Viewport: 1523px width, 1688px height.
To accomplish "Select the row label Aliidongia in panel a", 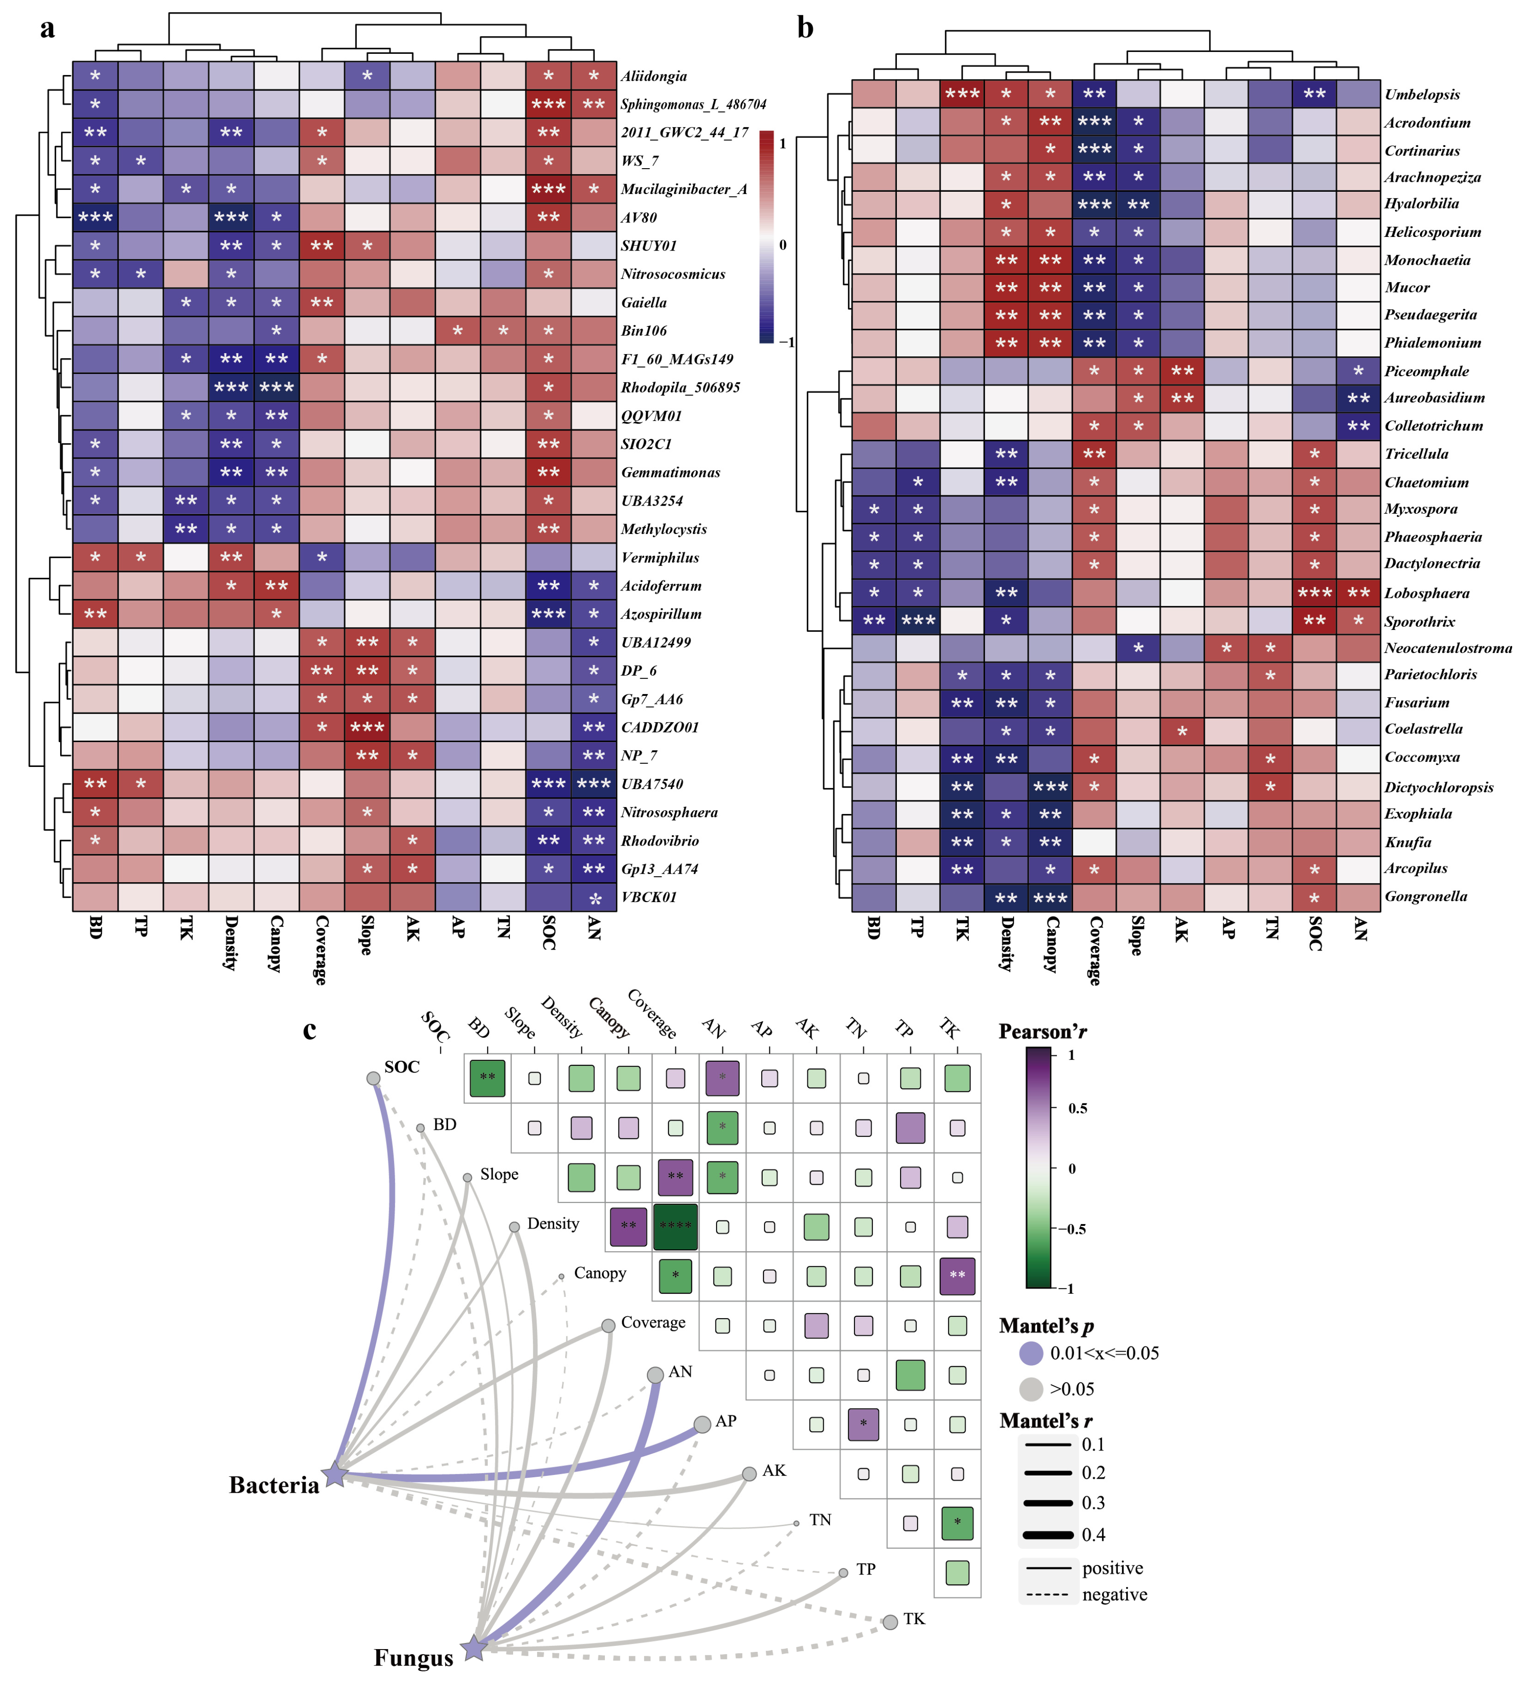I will click(654, 76).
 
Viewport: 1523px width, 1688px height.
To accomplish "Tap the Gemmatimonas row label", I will click(670, 473).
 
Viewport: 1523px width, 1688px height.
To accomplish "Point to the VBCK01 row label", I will click(649, 897).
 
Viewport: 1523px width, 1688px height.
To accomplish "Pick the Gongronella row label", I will click(1425, 897).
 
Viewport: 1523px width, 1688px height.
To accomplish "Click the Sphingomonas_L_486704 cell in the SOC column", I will click(548, 104).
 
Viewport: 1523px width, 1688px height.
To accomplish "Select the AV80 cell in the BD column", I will click(94, 218).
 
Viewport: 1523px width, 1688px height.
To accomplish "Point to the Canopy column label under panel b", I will click(1050, 944).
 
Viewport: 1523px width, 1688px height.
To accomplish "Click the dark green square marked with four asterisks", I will click(674, 1226).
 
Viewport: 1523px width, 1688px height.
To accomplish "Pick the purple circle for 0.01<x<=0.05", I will click(1031, 1353).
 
